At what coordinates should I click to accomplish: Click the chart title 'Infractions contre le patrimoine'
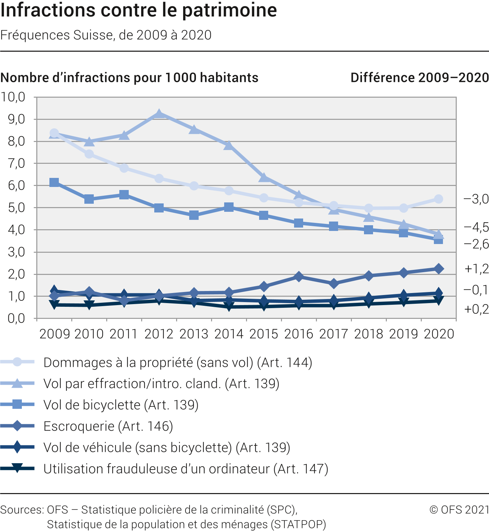(x=138, y=10)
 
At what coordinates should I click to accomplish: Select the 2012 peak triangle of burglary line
(x=159, y=114)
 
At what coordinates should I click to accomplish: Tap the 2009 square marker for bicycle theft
(x=54, y=183)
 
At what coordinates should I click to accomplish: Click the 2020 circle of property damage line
(x=438, y=199)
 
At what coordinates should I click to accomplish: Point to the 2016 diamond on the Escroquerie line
(x=299, y=277)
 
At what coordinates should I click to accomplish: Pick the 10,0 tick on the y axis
(x=13, y=97)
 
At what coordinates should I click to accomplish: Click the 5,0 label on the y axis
(x=16, y=207)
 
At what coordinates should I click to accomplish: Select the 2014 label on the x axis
(x=229, y=334)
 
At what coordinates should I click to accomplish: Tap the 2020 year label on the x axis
(x=439, y=334)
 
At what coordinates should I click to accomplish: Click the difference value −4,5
(x=476, y=227)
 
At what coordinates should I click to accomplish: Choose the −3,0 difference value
(x=476, y=199)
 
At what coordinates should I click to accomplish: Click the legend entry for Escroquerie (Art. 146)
(x=108, y=426)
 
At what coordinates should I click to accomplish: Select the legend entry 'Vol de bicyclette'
(x=121, y=405)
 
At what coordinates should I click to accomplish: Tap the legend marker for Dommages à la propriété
(x=17, y=362)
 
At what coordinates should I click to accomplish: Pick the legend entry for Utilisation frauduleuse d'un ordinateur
(x=186, y=469)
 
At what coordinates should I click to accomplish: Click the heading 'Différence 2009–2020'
(x=419, y=78)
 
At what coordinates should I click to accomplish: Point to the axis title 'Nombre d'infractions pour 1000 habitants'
(x=129, y=78)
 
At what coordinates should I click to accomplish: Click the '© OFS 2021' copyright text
(x=459, y=510)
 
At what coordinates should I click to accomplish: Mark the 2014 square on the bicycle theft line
(x=229, y=207)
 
